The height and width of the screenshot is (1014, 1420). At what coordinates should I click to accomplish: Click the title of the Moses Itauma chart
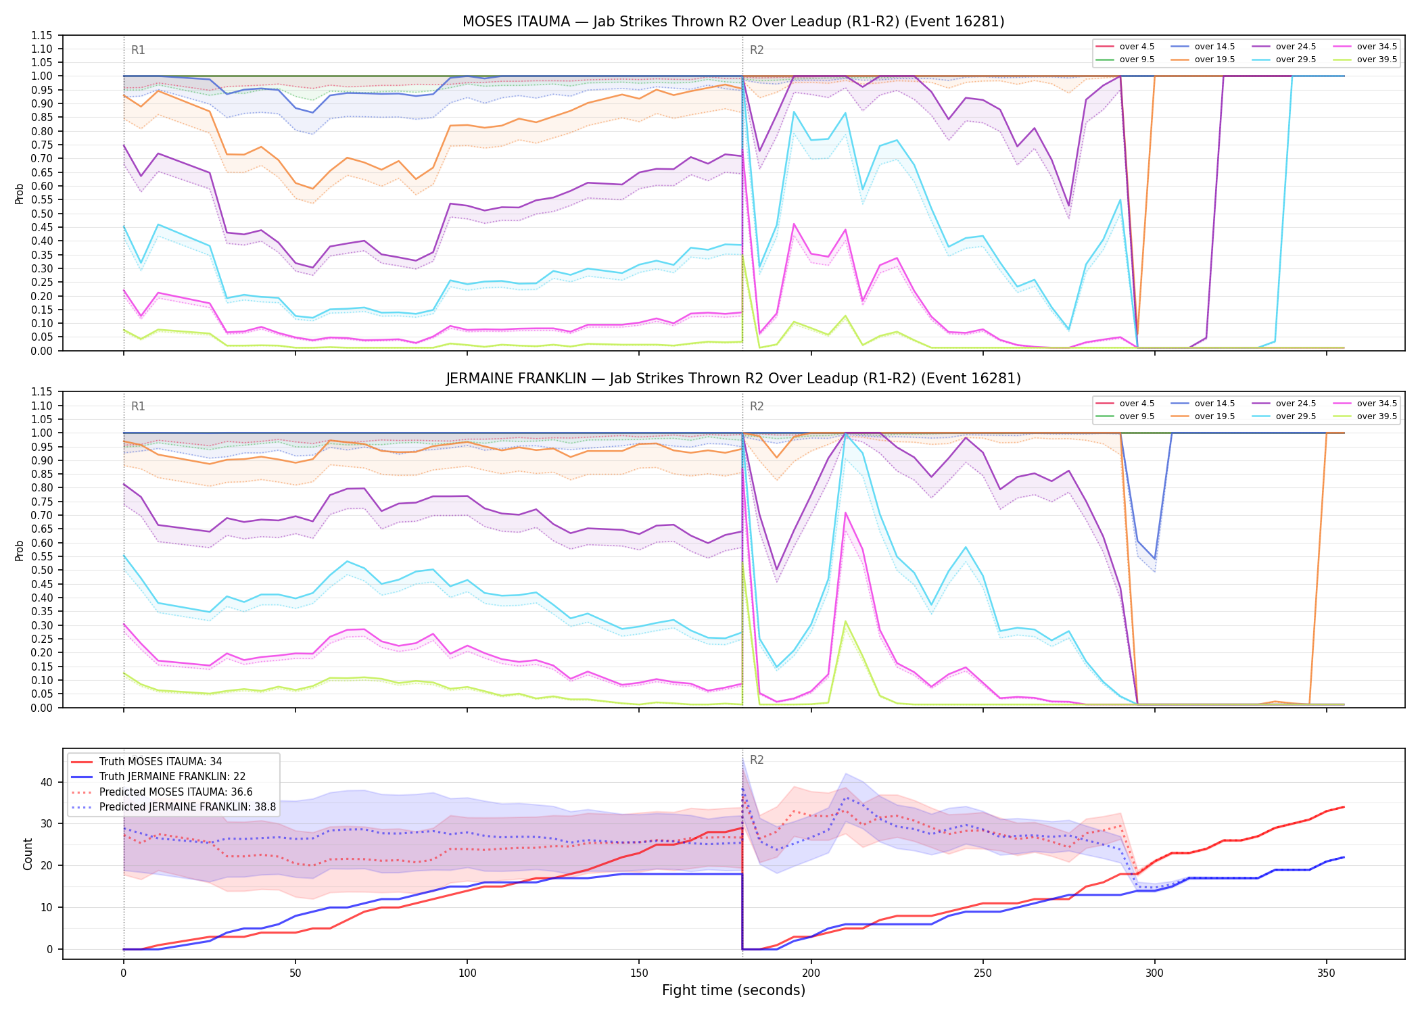[733, 22]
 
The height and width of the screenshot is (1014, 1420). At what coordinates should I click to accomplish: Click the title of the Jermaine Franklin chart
[733, 379]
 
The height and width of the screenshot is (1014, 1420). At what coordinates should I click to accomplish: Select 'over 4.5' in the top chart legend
[1137, 47]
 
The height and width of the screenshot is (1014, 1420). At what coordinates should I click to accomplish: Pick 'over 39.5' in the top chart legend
[1377, 59]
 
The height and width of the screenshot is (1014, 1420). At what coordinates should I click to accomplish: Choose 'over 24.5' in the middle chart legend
[1296, 404]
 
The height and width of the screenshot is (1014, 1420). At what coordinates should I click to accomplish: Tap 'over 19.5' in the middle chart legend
[1214, 416]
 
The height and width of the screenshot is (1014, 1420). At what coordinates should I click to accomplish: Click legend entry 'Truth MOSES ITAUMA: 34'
[160, 762]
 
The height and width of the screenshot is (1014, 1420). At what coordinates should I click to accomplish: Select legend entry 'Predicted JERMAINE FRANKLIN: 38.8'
[187, 806]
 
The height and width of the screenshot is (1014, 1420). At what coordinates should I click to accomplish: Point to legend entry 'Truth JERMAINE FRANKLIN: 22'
[172, 777]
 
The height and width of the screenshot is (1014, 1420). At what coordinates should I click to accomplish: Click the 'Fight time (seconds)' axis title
[734, 990]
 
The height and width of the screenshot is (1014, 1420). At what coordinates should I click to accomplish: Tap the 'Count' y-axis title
[28, 854]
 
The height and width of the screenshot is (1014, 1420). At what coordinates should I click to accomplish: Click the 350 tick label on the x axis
[1326, 973]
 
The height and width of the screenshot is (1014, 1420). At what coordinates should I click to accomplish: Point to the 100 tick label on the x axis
[467, 973]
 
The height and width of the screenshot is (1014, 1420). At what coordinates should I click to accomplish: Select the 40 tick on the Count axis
[47, 782]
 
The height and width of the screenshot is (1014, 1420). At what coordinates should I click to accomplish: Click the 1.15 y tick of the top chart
[42, 35]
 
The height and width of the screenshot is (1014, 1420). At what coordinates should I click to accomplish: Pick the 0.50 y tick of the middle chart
[42, 570]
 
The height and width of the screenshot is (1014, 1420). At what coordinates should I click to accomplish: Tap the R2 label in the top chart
[757, 50]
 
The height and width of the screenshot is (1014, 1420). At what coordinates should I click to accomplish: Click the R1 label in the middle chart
[138, 406]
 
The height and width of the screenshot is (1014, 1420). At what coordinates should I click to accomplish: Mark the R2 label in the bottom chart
[757, 760]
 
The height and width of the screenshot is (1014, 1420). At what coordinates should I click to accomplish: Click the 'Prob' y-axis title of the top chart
[20, 194]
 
